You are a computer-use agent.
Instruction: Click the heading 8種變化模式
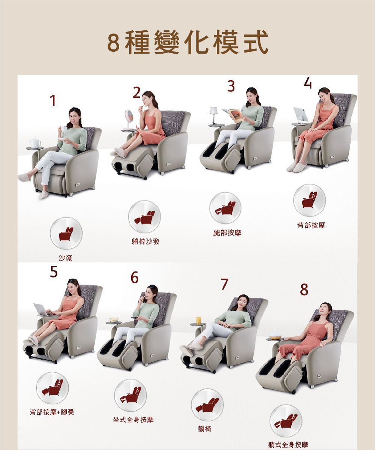click(x=187, y=42)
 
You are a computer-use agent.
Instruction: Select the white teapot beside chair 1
click(x=35, y=143)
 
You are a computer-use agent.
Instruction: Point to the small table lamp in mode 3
click(x=214, y=113)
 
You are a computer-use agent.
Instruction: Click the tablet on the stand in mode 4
click(x=300, y=114)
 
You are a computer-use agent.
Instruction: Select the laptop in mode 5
click(x=40, y=309)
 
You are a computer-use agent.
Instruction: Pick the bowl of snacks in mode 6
click(x=113, y=320)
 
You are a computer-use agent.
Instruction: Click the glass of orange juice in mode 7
click(x=198, y=321)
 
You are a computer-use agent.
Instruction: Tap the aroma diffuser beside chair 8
click(x=276, y=334)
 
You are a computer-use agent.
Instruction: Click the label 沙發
click(x=66, y=258)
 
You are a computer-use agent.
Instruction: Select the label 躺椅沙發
click(x=145, y=242)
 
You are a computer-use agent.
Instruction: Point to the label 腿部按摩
click(x=227, y=233)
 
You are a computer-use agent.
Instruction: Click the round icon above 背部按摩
click(x=309, y=200)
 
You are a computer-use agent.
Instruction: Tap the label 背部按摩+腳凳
click(x=52, y=412)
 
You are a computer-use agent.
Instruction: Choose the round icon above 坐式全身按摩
click(x=130, y=396)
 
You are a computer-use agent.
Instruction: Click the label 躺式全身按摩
click(x=288, y=445)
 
